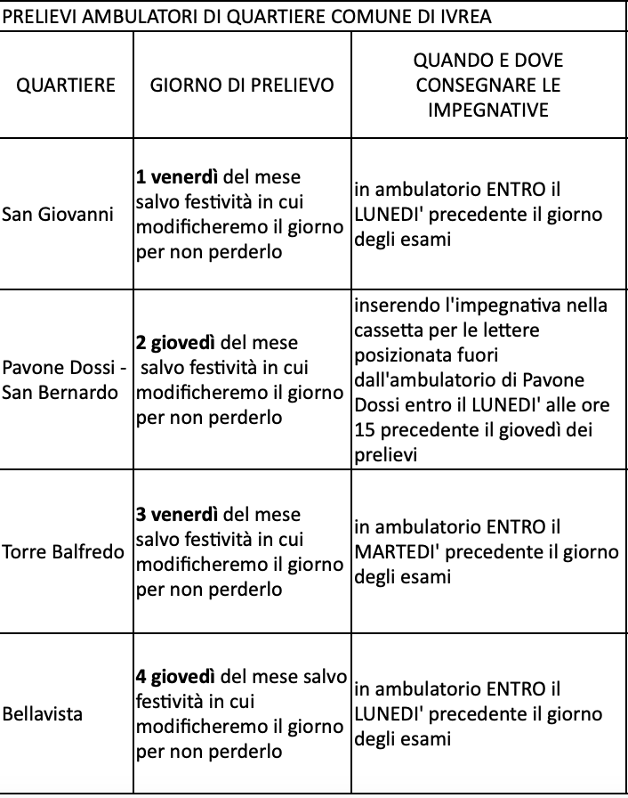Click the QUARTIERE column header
(67, 85)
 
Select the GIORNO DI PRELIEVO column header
(242, 85)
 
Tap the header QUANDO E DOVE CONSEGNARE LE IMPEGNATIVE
(488, 85)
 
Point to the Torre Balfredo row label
(63, 552)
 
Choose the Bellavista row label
(42, 714)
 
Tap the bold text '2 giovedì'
(175, 343)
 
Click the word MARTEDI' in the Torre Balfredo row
(398, 552)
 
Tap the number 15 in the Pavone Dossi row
(363, 430)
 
